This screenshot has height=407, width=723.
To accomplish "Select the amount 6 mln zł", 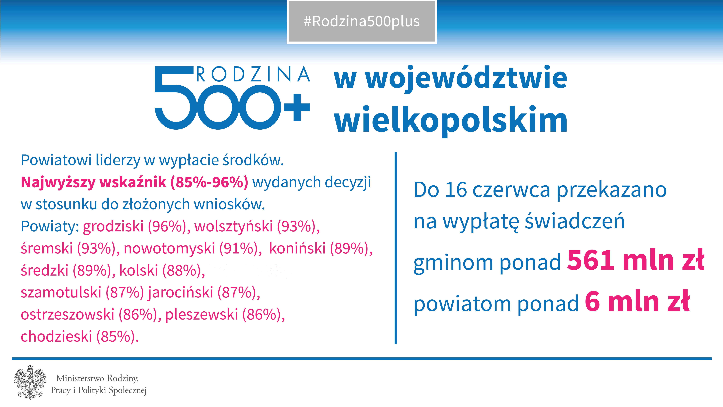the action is (637, 301).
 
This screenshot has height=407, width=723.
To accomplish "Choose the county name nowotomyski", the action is (169, 248).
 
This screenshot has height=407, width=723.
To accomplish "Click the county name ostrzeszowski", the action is (67, 314).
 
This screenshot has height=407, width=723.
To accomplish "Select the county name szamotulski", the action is (61, 292).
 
